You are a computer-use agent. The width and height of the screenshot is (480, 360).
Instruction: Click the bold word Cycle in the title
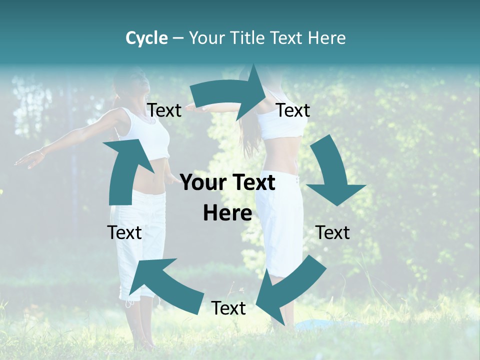point(146,38)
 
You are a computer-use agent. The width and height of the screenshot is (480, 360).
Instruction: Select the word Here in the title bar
point(327,38)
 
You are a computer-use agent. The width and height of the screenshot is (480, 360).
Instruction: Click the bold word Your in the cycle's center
point(203,183)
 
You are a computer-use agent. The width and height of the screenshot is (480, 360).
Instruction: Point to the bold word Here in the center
point(227,213)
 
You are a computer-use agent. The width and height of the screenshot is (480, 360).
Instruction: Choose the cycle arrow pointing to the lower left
point(287,290)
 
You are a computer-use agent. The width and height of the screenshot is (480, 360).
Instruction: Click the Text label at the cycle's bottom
point(228,308)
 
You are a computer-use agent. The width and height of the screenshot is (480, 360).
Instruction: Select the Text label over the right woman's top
point(293,110)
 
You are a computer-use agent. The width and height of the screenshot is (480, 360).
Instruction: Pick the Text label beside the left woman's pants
point(124,232)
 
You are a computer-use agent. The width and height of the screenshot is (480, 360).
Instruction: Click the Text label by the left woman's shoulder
point(164,110)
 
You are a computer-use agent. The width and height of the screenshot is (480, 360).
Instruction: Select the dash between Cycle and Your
point(178,38)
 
